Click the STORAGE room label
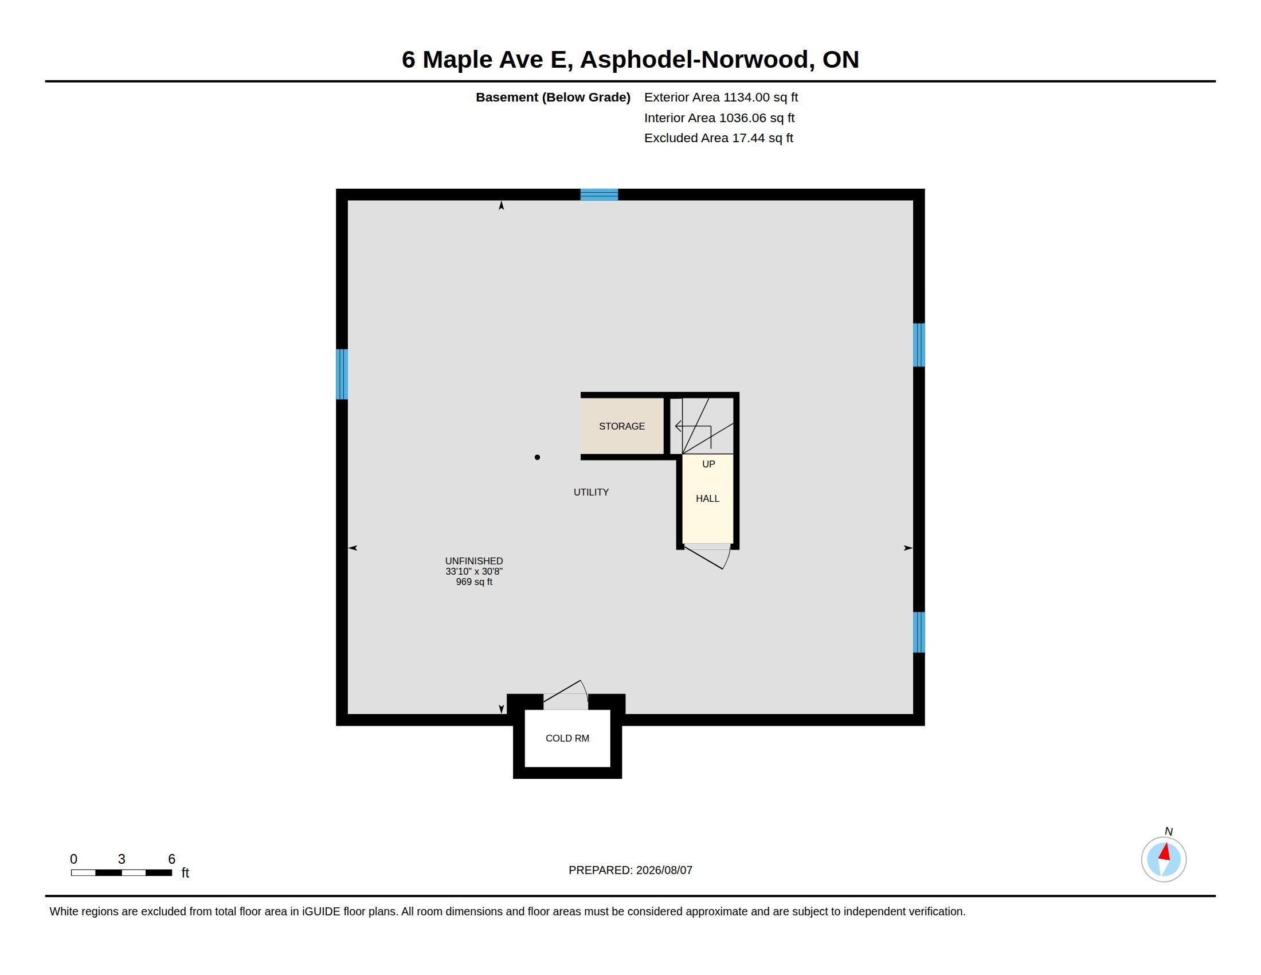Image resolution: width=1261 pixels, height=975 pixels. [621, 426]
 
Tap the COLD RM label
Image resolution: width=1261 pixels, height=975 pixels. [567, 738]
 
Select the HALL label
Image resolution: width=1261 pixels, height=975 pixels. [707, 498]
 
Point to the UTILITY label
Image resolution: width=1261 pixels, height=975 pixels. [590, 492]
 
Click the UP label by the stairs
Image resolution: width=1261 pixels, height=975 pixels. [708, 464]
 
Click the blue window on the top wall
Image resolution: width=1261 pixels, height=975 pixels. [599, 194]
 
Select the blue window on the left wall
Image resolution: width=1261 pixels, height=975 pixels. [342, 374]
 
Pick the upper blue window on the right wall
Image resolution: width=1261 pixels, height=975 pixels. [919, 345]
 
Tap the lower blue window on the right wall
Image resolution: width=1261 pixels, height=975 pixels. [919, 632]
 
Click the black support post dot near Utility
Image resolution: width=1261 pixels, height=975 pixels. [537, 458]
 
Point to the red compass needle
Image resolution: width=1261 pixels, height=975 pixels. [1165, 852]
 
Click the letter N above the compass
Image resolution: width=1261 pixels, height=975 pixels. [1169, 832]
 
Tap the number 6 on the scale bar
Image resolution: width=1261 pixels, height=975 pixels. [171, 859]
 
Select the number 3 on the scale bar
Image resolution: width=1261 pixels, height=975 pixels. [122, 859]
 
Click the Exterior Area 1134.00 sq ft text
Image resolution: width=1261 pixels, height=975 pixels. [720, 97]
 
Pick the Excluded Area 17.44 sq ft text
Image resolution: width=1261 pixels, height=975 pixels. [718, 138]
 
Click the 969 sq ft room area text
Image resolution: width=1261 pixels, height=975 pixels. [474, 582]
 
